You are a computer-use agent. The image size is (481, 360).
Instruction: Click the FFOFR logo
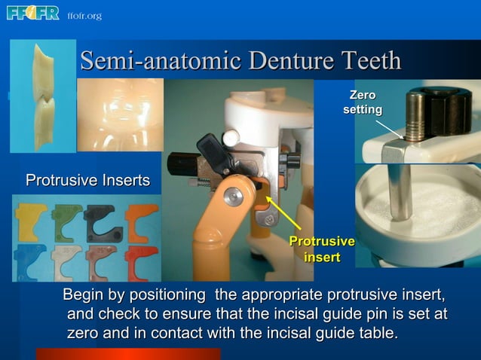click(x=32, y=13)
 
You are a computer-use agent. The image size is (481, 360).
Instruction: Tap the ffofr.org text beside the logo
click(x=84, y=16)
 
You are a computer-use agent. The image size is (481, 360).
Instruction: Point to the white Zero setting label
click(x=362, y=102)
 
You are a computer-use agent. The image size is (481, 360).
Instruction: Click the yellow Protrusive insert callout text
click(x=322, y=249)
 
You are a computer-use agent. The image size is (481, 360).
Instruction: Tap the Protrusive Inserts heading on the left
click(x=87, y=181)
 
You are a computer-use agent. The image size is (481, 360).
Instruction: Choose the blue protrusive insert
click(x=31, y=260)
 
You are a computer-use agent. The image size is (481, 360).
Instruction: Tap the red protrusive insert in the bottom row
click(x=140, y=260)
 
